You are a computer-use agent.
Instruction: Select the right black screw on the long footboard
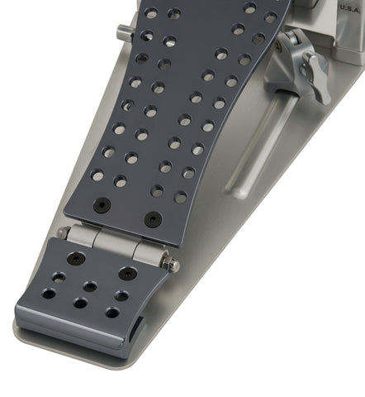pyautogui.click(x=153, y=220)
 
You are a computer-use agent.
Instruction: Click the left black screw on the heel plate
pyautogui.click(x=76, y=258)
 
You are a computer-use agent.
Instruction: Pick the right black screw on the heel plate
pyautogui.click(x=127, y=273)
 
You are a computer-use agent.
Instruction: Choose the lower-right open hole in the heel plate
pyautogui.click(x=112, y=313)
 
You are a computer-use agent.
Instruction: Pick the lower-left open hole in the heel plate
pyautogui.click(x=49, y=294)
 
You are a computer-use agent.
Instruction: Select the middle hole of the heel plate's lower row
pyautogui.click(x=80, y=304)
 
